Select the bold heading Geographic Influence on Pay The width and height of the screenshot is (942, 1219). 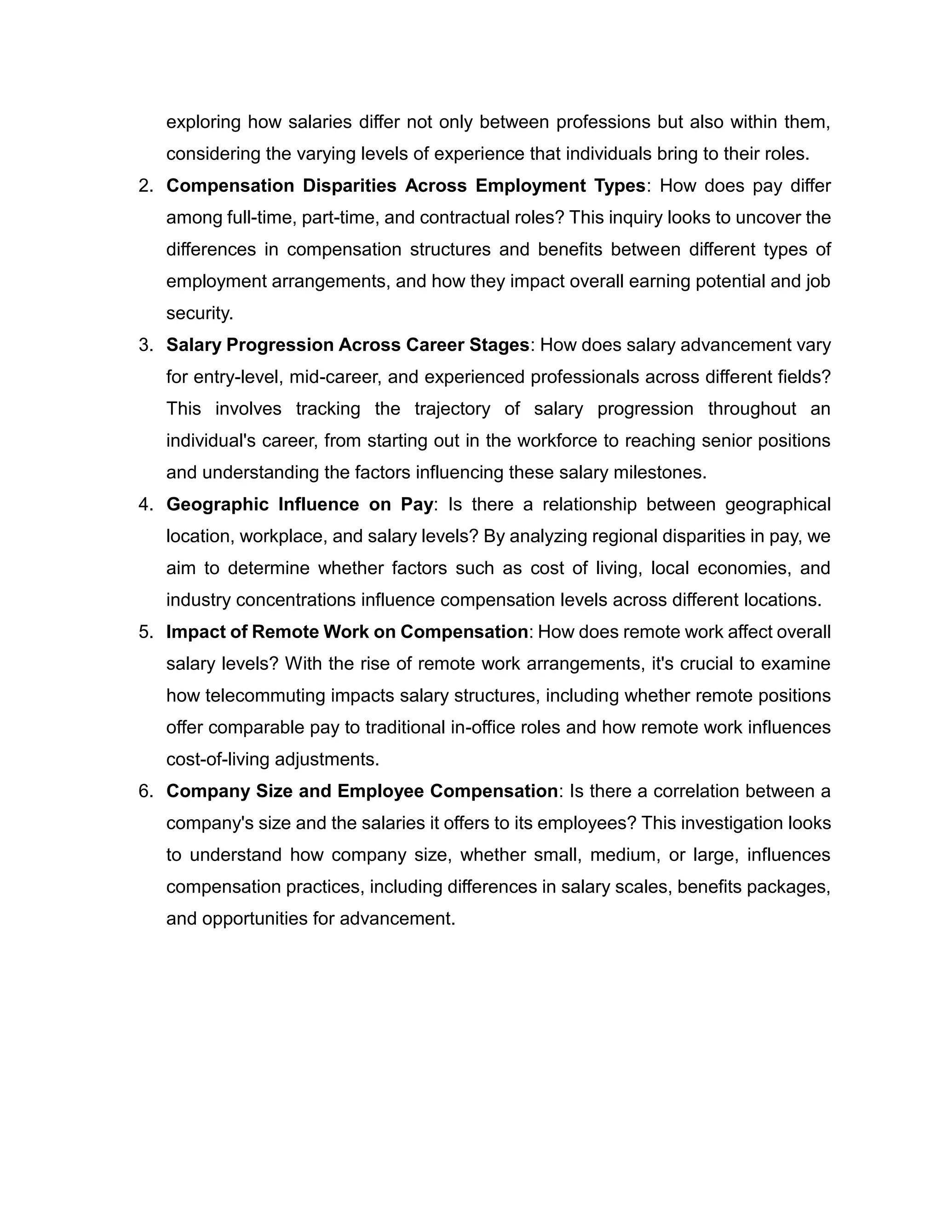point(300,505)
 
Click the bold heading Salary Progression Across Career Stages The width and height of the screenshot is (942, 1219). point(348,345)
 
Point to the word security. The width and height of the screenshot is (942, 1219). point(199,313)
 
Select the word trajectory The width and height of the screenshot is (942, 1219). point(452,409)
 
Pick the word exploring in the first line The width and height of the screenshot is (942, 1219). point(203,122)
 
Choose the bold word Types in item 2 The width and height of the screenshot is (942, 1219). point(620,186)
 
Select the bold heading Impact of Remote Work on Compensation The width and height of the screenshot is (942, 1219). point(347,632)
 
